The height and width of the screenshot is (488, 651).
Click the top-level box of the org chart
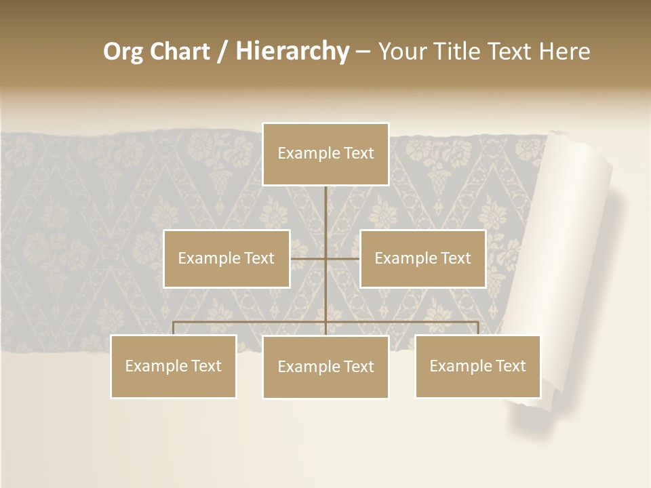pyautogui.click(x=325, y=154)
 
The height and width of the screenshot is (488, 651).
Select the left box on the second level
pyautogui.click(x=226, y=258)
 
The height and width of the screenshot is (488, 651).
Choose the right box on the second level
pyautogui.click(x=422, y=258)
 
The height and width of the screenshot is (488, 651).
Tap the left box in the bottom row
pyautogui.click(x=174, y=366)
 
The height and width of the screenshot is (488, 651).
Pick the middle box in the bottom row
pyautogui.click(x=325, y=367)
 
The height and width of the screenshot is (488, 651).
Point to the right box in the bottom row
pyautogui.click(x=477, y=366)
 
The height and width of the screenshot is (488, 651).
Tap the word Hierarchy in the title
pyautogui.click(x=292, y=52)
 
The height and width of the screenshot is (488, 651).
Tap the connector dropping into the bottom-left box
pyautogui.click(x=174, y=328)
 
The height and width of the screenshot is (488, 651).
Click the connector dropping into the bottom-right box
pyautogui.click(x=477, y=328)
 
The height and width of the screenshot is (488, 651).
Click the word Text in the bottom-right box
pyautogui.click(x=510, y=366)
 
